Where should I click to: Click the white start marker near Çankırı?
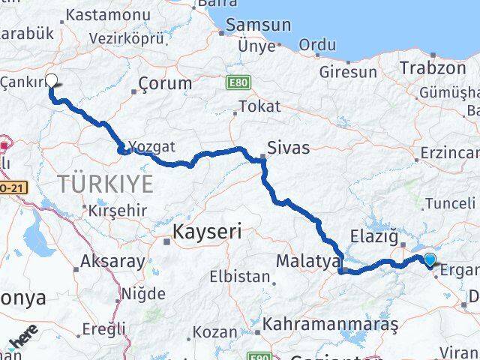click(x=52, y=82)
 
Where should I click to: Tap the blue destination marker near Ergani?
click(x=430, y=260)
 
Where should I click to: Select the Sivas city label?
click(x=288, y=148)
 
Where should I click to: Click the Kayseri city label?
click(x=207, y=232)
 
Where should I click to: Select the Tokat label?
click(x=253, y=106)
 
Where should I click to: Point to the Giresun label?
click(x=348, y=72)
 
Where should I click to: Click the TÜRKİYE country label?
click(x=106, y=182)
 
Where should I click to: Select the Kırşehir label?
click(x=118, y=210)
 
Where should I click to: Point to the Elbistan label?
click(x=240, y=276)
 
